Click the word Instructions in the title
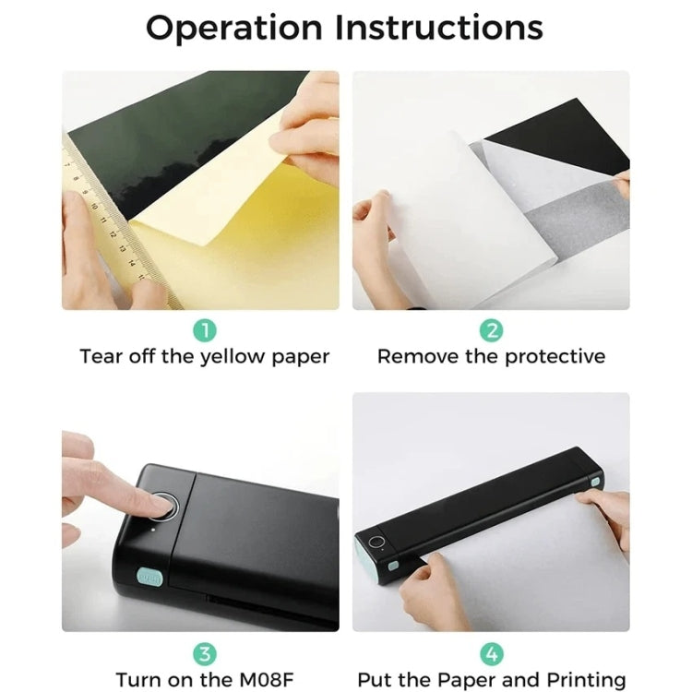pos(438,29)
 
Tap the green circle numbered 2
pos(491,329)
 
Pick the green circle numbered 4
pos(491,653)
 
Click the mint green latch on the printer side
pos(149,578)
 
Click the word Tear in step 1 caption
pos(99,356)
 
